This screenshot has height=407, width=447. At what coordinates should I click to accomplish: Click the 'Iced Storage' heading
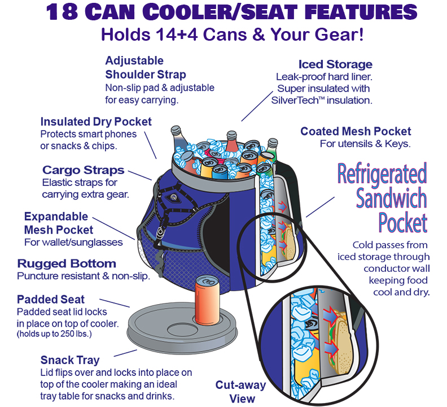[x=335, y=64]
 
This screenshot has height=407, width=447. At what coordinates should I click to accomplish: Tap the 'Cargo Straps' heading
[x=83, y=170]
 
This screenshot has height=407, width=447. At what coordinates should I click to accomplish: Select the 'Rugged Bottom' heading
[x=67, y=263]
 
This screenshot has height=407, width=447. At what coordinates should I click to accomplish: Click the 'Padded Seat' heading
[x=51, y=300]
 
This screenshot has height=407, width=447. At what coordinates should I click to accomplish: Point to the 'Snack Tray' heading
[x=70, y=360]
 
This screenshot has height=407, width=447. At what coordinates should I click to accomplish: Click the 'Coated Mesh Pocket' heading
[x=356, y=131]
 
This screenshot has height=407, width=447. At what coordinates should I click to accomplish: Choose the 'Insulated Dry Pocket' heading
[x=96, y=122]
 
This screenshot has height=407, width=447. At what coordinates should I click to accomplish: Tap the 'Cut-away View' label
[x=241, y=392]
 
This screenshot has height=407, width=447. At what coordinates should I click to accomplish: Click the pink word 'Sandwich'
[x=391, y=198]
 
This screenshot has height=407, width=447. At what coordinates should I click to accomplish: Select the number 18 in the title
[x=62, y=12]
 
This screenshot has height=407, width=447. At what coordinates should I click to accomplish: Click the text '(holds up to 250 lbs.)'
[x=54, y=334]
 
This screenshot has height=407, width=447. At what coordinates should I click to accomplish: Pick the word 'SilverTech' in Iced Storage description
[x=295, y=101]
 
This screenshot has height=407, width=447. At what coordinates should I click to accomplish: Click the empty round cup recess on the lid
[x=182, y=330]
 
